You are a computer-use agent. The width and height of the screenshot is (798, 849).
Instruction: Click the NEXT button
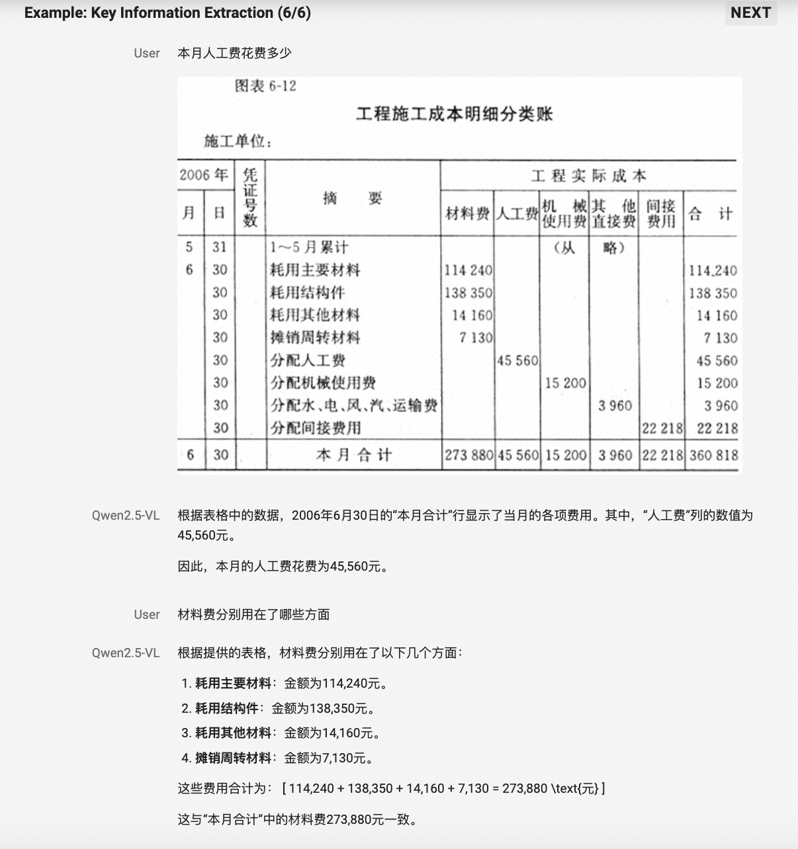point(750,13)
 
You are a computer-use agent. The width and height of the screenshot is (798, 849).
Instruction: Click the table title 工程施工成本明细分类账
point(454,114)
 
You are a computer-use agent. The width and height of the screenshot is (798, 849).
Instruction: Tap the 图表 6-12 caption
point(265,86)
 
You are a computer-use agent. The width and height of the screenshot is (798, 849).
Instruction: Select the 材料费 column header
point(468,213)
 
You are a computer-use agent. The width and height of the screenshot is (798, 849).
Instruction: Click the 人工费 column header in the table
point(517,213)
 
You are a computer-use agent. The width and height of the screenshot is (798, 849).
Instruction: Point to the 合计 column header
point(710,213)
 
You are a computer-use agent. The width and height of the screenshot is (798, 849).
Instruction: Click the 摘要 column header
point(352,198)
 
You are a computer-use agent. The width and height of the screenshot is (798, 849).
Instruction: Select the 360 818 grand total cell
point(713,455)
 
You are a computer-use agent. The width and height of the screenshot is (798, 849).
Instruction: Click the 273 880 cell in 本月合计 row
point(468,455)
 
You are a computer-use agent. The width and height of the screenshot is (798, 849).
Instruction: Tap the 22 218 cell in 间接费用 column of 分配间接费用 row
point(662,428)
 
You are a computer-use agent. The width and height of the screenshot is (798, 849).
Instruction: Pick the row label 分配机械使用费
point(323,383)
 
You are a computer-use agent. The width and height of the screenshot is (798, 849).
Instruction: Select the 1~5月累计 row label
point(309,247)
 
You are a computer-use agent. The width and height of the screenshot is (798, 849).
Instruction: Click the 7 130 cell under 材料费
point(476,338)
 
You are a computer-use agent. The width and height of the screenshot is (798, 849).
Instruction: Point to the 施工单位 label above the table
point(238,141)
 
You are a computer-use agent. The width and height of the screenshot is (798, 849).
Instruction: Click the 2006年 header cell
point(203,175)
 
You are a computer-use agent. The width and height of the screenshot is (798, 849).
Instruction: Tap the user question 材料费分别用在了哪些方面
point(253,614)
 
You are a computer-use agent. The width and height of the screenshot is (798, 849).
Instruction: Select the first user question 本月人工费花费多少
point(234,54)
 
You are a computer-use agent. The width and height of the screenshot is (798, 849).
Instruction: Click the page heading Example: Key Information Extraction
point(167,13)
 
